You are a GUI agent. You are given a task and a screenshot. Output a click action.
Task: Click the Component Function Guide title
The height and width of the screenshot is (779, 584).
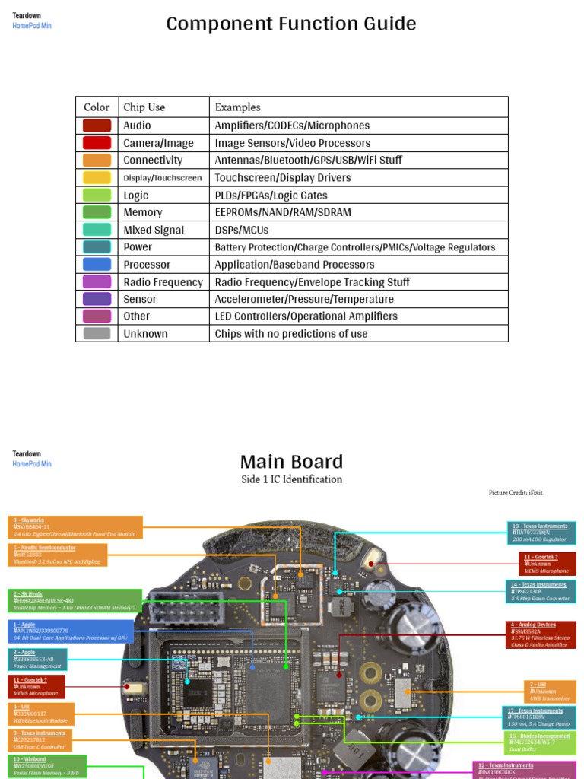click(291, 24)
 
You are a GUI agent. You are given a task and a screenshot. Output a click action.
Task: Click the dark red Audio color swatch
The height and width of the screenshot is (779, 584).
click(97, 126)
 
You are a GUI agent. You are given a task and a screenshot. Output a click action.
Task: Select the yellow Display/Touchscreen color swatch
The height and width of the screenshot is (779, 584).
click(97, 177)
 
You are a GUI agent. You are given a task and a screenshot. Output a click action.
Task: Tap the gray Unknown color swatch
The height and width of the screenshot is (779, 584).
click(97, 333)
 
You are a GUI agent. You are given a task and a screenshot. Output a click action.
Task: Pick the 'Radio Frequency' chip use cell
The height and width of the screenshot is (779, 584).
click(163, 282)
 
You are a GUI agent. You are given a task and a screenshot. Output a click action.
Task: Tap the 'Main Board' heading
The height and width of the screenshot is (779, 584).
click(291, 461)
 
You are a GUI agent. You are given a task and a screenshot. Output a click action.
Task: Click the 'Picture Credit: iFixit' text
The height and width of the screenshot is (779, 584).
click(516, 493)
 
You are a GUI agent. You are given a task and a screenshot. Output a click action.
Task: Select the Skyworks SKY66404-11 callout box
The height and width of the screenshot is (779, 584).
click(76, 526)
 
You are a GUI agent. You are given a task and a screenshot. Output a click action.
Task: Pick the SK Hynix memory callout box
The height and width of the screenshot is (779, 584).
click(76, 600)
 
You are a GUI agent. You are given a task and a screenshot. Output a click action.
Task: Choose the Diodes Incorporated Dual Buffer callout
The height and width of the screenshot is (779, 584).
click(541, 742)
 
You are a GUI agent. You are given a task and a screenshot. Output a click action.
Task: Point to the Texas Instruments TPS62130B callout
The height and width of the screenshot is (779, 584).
click(541, 591)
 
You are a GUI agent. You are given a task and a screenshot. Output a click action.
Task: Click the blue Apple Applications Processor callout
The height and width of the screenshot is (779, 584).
click(71, 631)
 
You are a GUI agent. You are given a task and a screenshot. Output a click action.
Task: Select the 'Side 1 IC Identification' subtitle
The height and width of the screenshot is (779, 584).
click(291, 479)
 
